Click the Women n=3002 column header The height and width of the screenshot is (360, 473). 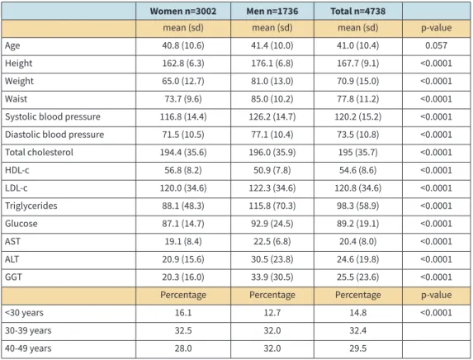183,12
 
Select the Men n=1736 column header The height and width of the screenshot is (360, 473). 272,12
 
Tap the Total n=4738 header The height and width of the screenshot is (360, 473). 357,12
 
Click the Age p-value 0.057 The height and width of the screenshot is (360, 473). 436,45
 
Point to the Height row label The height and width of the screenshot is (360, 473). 18,64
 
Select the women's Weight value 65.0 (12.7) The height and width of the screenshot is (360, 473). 183,81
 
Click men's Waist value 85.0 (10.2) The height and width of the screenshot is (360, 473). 272,99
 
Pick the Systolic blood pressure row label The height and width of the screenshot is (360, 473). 53,116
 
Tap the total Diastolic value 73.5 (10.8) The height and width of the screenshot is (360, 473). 357,135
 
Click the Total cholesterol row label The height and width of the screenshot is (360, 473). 39,153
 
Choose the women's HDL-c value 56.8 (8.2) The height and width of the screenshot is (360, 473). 183,170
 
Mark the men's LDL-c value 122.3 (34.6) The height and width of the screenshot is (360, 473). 272,188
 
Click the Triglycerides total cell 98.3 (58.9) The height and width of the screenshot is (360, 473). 357,206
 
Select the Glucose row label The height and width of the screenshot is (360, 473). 21,224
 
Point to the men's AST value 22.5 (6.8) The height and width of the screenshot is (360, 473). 272,241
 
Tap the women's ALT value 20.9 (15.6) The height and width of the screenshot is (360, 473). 183,259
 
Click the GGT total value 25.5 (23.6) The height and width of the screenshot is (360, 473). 357,277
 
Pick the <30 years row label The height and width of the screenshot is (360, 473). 24,313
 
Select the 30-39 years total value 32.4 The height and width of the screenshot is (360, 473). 357,330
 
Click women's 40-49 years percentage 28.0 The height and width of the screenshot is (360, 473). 183,348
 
